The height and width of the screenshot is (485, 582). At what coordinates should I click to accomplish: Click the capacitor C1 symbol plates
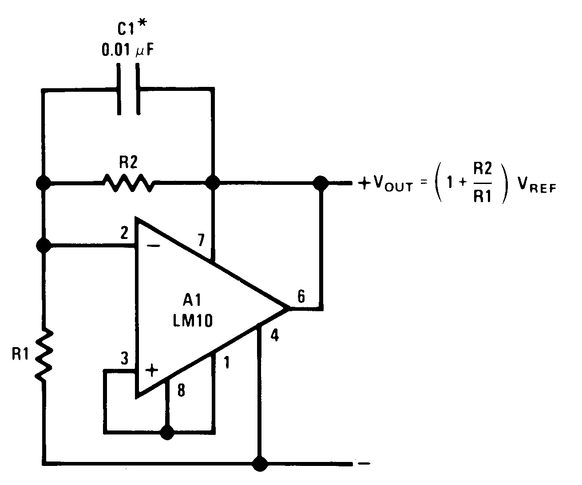tap(128, 90)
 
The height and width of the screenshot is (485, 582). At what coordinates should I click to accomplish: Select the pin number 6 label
tap(301, 297)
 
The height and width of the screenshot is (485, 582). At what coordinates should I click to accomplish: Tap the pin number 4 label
tap(275, 336)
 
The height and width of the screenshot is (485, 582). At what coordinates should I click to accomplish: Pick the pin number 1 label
tap(227, 363)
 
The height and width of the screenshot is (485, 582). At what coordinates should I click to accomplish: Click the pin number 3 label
tap(124, 358)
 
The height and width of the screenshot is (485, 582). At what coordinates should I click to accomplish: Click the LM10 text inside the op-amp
tap(192, 320)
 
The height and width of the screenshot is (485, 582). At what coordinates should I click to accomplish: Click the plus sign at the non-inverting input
tap(152, 370)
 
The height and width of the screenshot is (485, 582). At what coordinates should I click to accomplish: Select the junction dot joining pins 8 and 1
tap(167, 432)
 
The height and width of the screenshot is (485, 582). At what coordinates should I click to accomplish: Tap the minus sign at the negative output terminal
tap(363, 464)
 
